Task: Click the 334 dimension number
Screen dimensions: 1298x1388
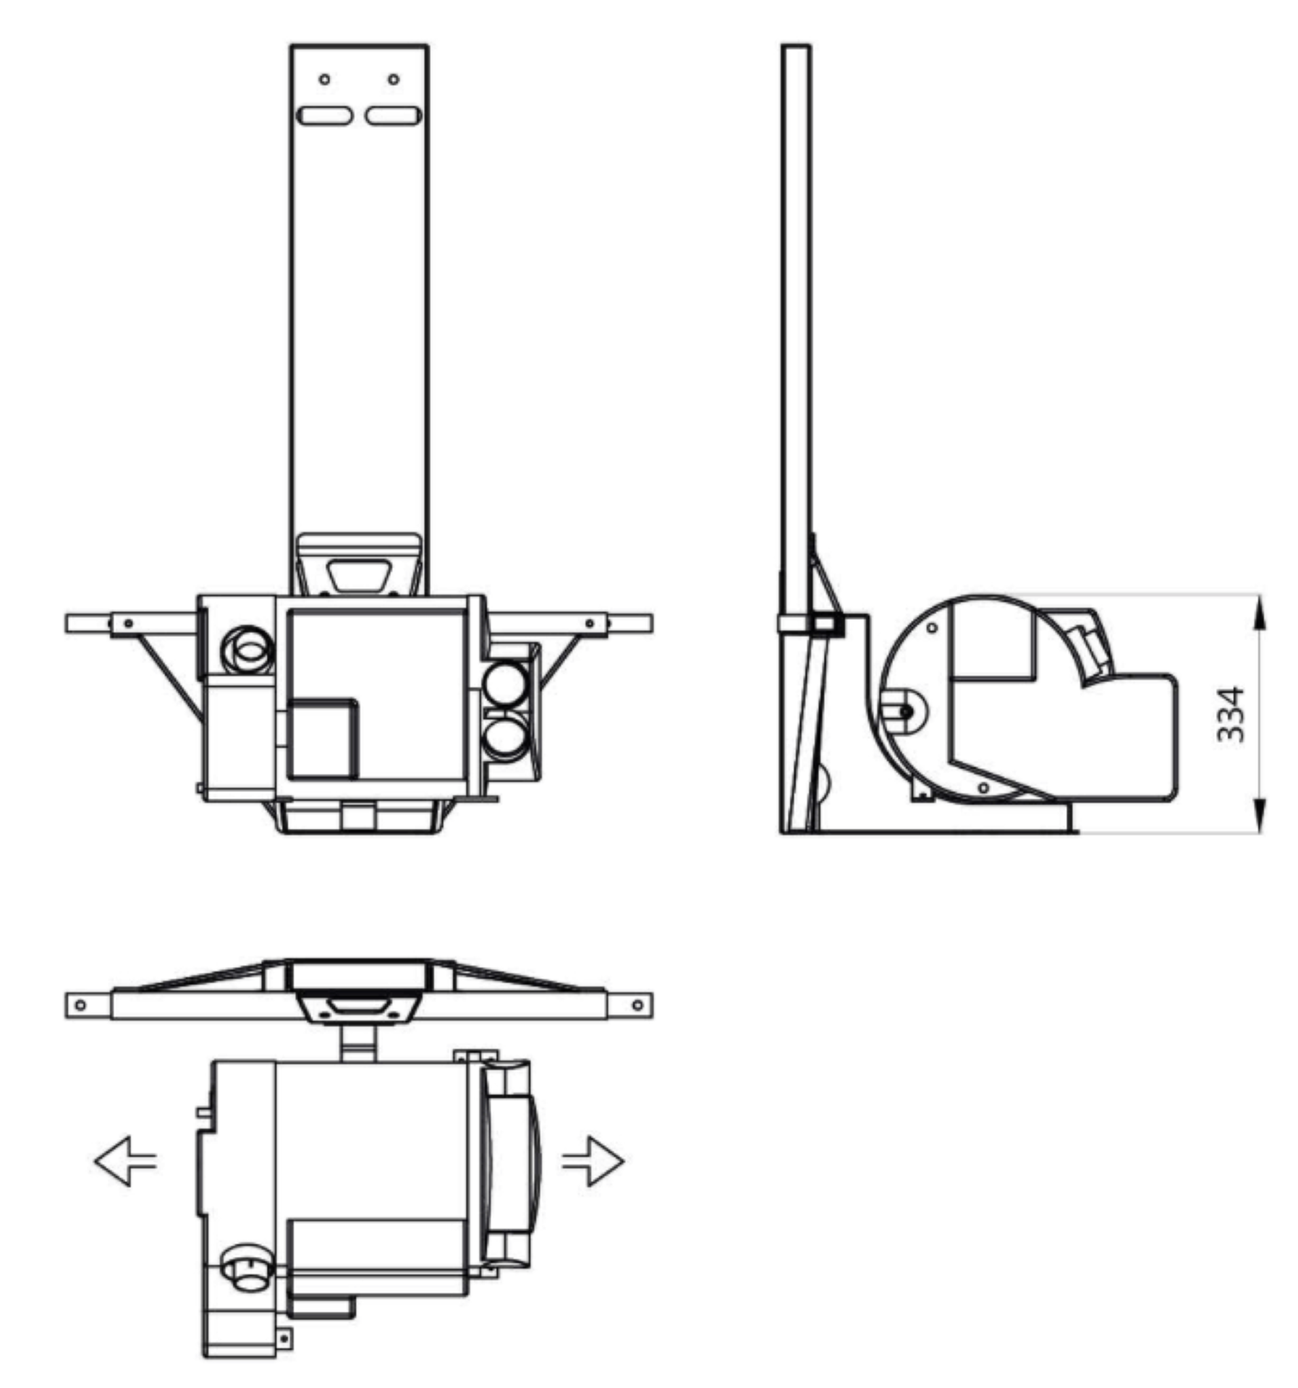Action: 1231,715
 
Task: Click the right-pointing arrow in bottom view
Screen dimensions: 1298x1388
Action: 593,1161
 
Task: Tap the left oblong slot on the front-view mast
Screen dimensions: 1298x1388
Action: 325,115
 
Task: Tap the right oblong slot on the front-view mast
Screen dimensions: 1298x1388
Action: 393,115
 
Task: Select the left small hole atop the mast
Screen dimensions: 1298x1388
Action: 325,79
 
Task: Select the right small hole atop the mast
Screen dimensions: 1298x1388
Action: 394,79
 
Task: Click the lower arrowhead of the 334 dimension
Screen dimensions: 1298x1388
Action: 1260,814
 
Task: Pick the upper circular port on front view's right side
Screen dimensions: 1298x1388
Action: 506,685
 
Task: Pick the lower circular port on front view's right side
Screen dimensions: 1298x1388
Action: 506,738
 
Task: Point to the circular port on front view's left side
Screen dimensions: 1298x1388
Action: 248,649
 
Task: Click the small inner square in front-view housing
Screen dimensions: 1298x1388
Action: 323,738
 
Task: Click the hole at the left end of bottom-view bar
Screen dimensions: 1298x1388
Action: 80,1005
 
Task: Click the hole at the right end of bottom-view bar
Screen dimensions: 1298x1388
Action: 637,1005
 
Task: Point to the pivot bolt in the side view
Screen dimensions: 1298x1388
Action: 905,712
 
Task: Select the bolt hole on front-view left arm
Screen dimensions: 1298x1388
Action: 129,623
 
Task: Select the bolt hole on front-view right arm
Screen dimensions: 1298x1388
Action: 590,623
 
